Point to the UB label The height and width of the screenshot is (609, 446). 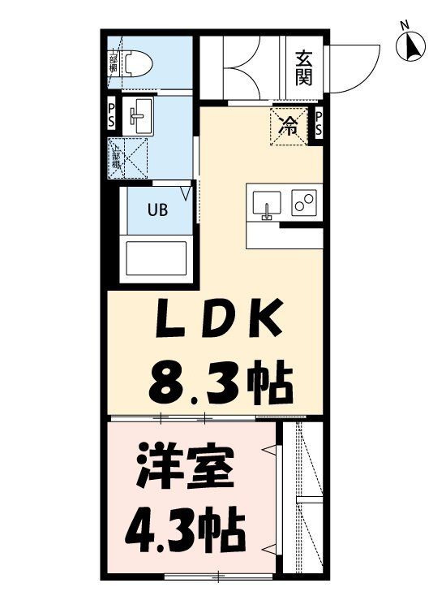tap(157, 209)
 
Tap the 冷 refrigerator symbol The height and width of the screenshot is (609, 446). tap(289, 125)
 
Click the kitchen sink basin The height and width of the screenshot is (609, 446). tap(266, 204)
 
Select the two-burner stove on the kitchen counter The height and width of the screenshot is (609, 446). tap(305, 204)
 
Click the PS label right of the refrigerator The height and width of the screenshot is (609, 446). tap(319, 124)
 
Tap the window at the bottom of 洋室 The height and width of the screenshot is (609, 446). tap(219, 578)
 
